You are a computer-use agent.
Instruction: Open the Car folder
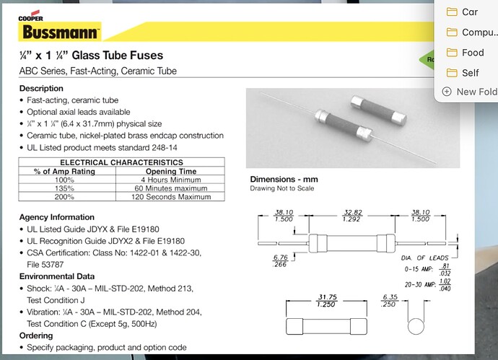pyautogui.click(x=470, y=12)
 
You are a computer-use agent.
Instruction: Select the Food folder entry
pyautogui.click(x=473, y=52)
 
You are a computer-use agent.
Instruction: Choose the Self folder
pyautogui.click(x=470, y=72)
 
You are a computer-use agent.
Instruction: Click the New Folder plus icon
pyautogui.click(x=446, y=92)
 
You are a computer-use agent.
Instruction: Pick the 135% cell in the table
pyautogui.click(x=64, y=188)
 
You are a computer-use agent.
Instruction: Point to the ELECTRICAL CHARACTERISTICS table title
pyautogui.click(x=121, y=162)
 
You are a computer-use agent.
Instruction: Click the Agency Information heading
pyautogui.click(x=56, y=217)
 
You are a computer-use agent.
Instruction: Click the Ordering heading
pyautogui.click(x=35, y=335)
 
